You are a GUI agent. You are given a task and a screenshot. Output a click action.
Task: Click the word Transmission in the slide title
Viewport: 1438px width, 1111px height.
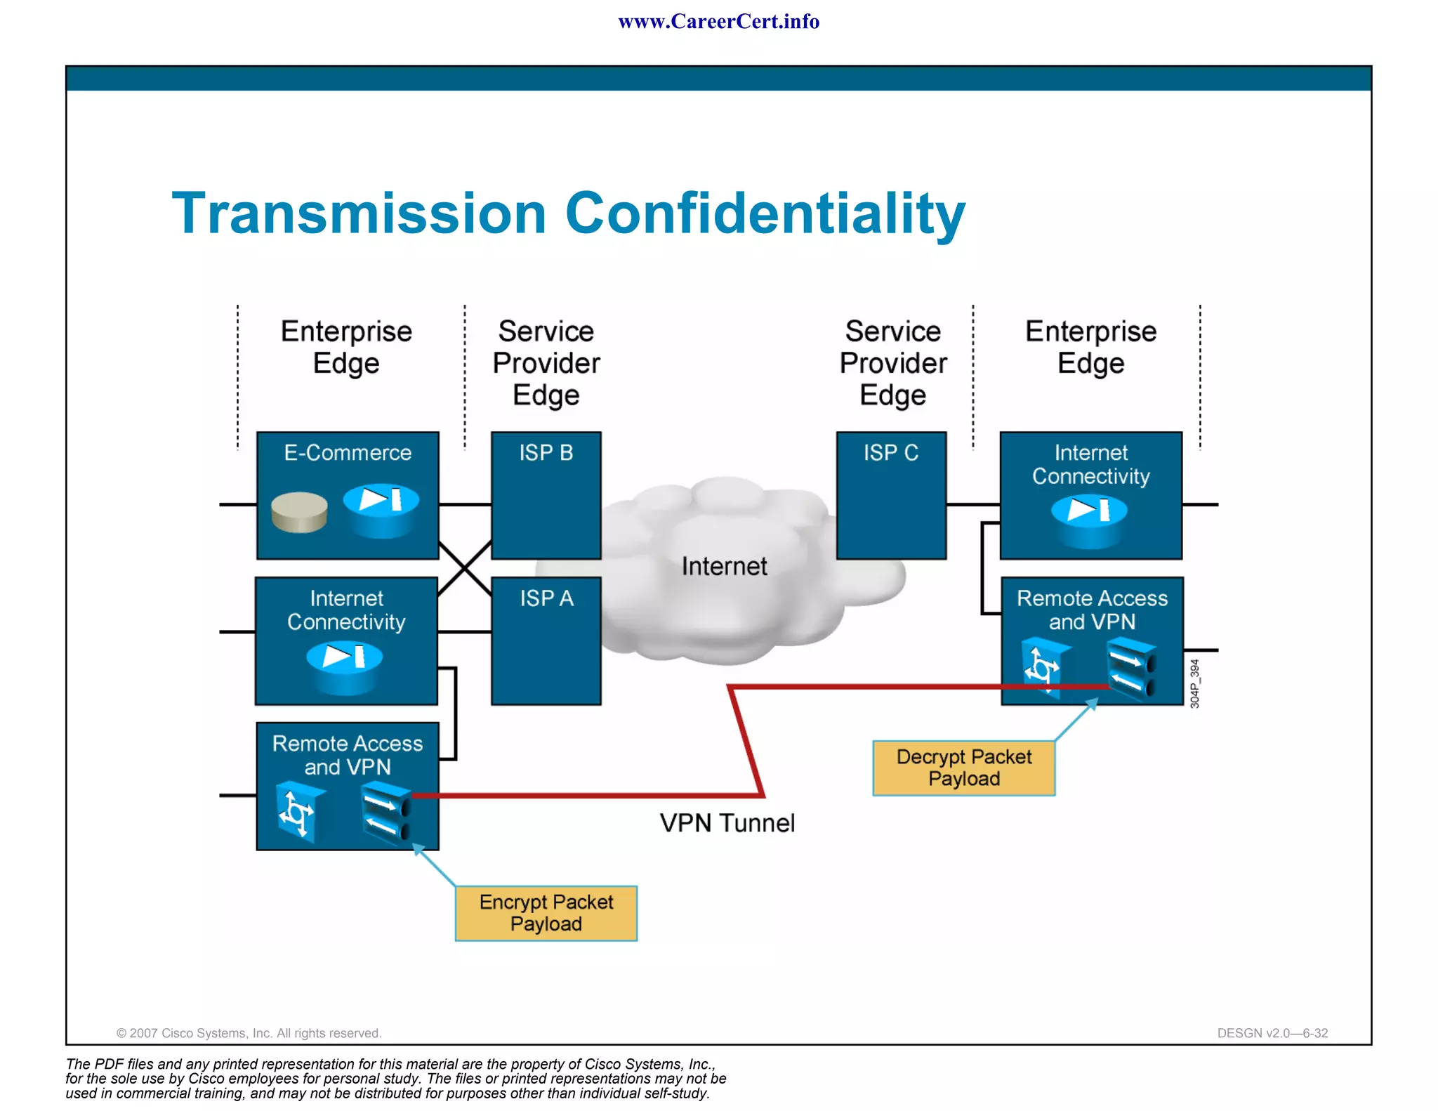pos(359,213)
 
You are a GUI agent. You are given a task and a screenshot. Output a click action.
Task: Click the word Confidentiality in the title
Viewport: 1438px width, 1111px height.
pos(765,213)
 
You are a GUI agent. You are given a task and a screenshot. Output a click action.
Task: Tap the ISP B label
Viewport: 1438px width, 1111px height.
pos(546,453)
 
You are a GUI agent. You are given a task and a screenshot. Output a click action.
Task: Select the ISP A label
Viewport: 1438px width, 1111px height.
pos(546,598)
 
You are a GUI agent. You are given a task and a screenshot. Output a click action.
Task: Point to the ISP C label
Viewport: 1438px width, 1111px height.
pos(891,453)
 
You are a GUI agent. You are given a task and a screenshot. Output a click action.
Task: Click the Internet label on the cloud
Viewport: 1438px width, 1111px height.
pos(724,566)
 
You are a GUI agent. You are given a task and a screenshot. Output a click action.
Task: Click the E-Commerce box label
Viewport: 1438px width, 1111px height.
pos(348,453)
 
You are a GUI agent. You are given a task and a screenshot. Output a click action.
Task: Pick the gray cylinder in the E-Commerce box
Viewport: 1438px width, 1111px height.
pos(299,512)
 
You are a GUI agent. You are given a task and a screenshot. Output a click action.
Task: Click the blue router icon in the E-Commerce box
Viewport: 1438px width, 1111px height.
pos(381,509)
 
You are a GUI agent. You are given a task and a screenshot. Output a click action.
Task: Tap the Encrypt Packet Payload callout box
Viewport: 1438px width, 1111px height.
pos(546,913)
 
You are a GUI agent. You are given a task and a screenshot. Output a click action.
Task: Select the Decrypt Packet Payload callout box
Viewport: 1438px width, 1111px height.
pos(963,768)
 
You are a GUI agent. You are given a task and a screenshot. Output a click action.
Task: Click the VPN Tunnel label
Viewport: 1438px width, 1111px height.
pos(727,823)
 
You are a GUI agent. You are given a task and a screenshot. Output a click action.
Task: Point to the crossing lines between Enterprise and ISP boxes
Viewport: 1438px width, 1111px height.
pos(465,568)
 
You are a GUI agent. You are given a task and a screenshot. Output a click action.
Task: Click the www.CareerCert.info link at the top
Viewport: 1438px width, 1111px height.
pos(718,22)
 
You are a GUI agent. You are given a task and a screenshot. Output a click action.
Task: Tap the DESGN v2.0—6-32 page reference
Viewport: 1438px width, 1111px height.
pos(1272,1033)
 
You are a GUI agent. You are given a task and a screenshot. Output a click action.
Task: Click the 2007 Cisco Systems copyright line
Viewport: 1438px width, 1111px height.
pos(249,1033)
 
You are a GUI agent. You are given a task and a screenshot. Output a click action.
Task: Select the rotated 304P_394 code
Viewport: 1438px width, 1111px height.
pos(1195,683)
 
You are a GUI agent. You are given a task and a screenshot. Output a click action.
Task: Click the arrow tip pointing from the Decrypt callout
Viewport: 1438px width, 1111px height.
pos(1095,701)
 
